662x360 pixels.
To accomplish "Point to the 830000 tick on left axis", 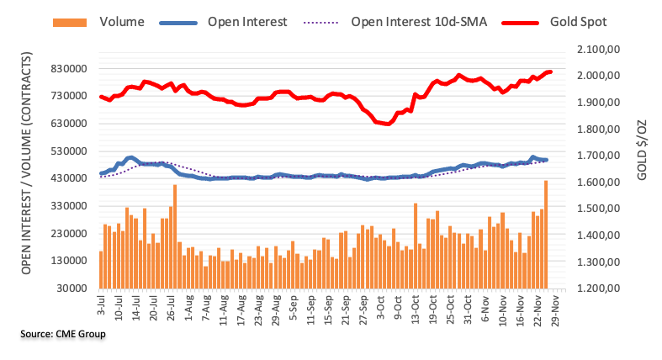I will [71, 69].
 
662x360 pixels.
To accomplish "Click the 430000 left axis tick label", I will [71, 178].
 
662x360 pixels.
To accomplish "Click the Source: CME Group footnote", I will [65, 335].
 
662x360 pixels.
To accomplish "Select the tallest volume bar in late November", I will [546, 234].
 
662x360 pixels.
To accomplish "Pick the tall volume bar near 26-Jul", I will [174, 236].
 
